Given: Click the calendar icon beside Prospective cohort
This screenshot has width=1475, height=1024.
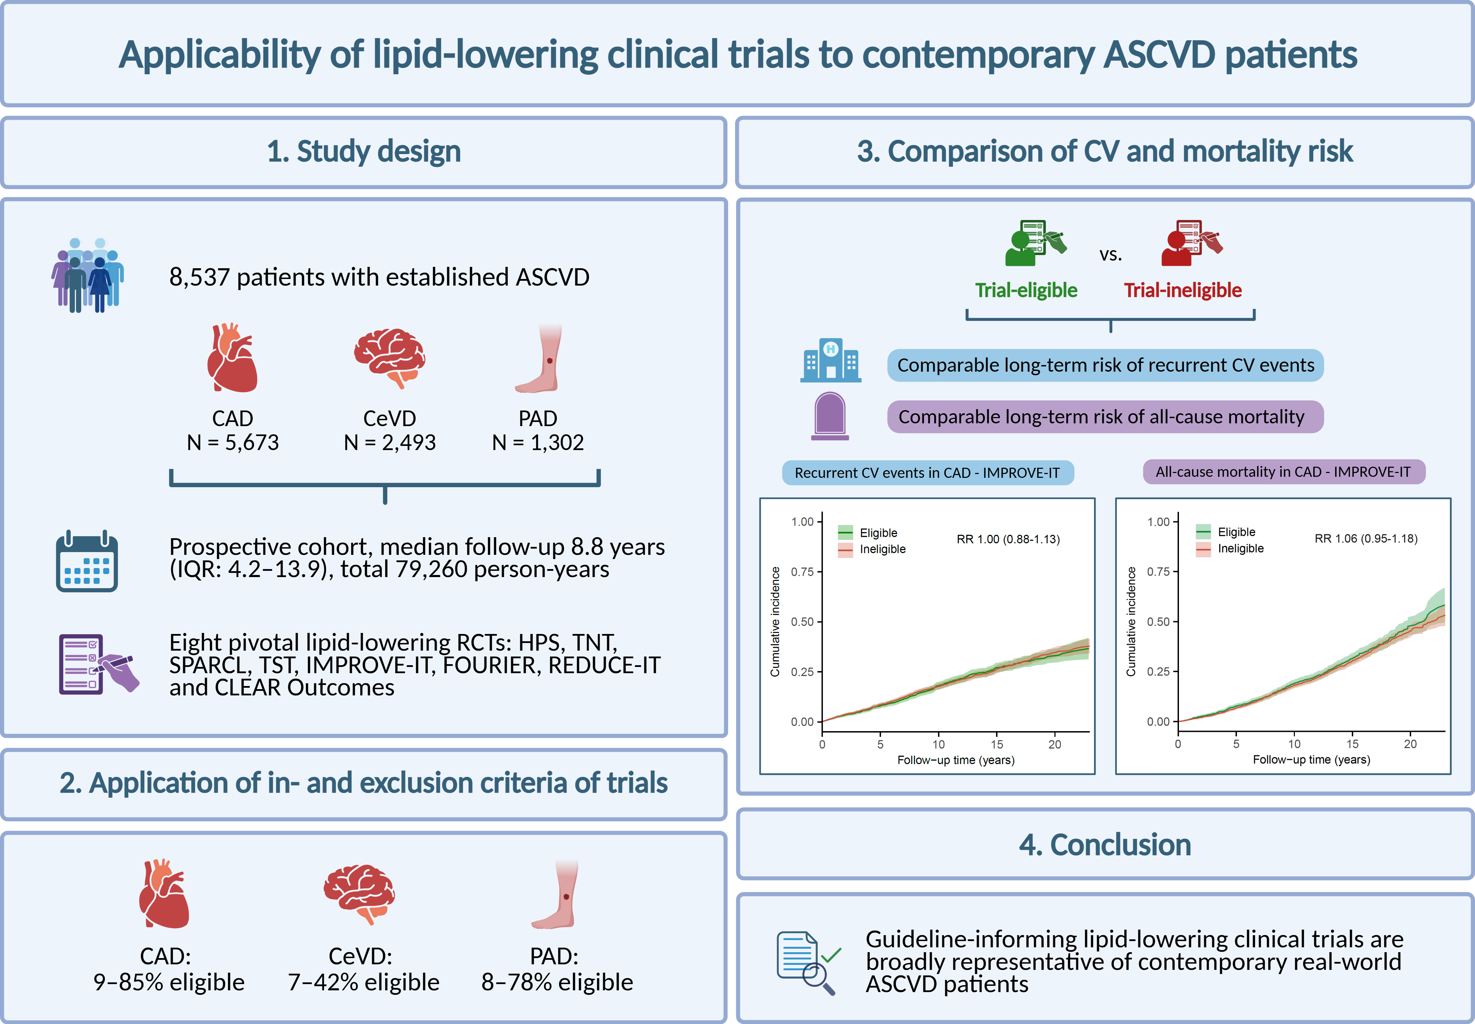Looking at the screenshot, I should coord(87,561).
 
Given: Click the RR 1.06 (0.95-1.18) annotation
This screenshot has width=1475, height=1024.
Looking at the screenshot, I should coord(1366,538).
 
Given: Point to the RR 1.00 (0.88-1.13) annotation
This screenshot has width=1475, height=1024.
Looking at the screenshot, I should coord(1008,539).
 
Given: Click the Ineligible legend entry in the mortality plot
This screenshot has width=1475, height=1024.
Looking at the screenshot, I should coord(1240,549).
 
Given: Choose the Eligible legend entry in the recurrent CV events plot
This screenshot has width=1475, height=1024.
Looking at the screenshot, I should coord(878,533).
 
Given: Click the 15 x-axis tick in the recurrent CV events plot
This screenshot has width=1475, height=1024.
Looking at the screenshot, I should coord(996,744).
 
